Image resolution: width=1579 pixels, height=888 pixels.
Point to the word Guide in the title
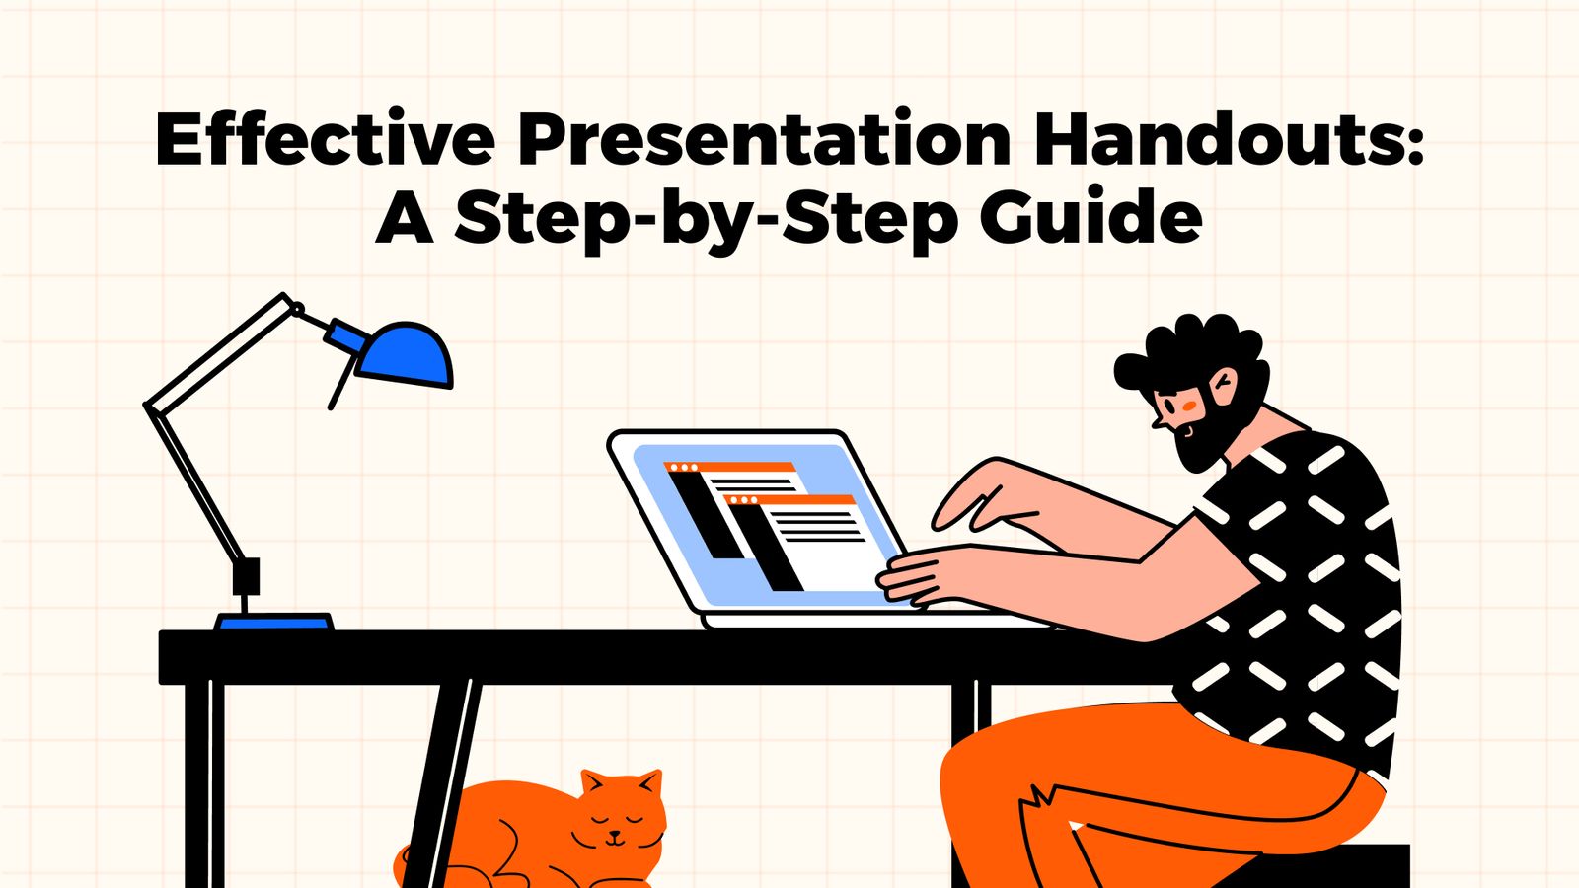1090,219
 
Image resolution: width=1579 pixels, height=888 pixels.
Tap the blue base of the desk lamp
274,622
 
